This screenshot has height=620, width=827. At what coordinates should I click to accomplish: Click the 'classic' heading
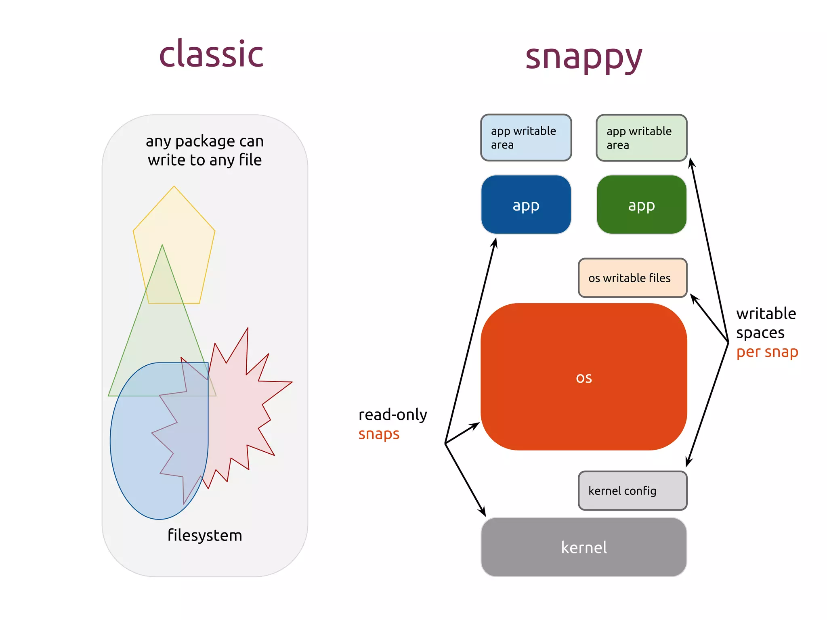pyautogui.click(x=211, y=54)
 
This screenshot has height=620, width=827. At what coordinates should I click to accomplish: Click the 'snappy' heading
pyautogui.click(x=584, y=57)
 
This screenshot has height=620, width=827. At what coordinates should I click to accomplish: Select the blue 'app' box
pyautogui.click(x=526, y=205)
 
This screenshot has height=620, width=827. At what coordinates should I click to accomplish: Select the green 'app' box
pyautogui.click(x=641, y=205)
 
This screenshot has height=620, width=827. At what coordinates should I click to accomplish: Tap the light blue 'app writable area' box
pyautogui.click(x=526, y=138)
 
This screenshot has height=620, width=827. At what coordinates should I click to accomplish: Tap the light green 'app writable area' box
pyautogui.click(x=641, y=138)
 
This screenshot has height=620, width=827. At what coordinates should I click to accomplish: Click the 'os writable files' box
pyautogui.click(x=632, y=278)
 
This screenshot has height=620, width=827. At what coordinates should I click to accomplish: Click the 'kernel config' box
pyautogui.click(x=632, y=491)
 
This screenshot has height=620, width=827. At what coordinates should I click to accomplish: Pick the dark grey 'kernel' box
pyautogui.click(x=584, y=547)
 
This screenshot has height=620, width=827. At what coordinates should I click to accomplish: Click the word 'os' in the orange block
pyautogui.click(x=584, y=378)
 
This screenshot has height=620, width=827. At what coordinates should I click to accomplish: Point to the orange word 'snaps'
pyautogui.click(x=379, y=434)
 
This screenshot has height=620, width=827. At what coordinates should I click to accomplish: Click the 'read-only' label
pyautogui.click(x=393, y=415)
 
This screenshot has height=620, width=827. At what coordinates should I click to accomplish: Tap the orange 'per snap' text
pyautogui.click(x=767, y=352)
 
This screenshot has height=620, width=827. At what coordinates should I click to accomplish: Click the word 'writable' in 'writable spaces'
pyautogui.click(x=766, y=314)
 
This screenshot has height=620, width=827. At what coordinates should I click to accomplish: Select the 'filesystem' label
pyautogui.click(x=205, y=535)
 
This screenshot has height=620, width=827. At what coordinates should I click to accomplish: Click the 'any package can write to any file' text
pyautogui.click(x=205, y=151)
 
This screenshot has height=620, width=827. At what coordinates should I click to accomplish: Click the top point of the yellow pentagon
pyautogui.click(x=174, y=186)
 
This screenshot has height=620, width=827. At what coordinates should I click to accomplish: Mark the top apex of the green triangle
pyautogui.click(x=162, y=245)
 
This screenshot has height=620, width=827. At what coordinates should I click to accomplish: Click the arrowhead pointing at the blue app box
pyautogui.click(x=495, y=241)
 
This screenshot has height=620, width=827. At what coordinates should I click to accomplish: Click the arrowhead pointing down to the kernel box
pyautogui.click(x=483, y=513)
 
